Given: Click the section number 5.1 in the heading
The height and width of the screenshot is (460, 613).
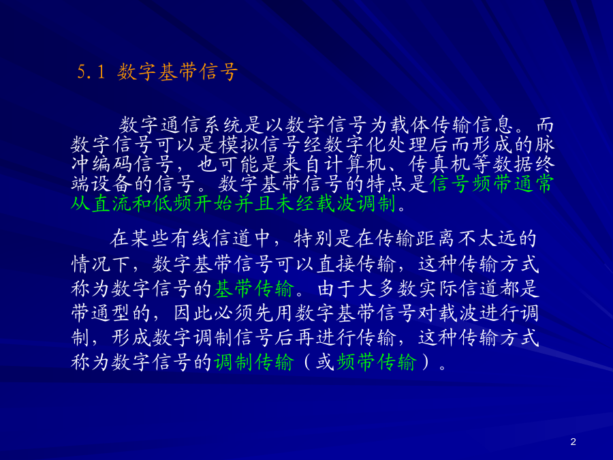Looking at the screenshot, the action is pos(91,72).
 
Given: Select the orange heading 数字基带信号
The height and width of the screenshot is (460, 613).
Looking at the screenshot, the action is pos(178,72).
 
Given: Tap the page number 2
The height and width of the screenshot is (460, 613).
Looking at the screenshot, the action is pos(573,442).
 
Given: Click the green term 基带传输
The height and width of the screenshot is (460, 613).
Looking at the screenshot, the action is pos(254,289).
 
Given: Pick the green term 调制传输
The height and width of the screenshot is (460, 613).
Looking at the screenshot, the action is pos(254,362).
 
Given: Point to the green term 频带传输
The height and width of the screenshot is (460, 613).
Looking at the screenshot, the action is pos(377,362).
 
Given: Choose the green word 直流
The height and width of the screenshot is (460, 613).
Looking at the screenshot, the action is pos(112,203).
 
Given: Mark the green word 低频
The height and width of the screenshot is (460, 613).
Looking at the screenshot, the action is pos(174,203).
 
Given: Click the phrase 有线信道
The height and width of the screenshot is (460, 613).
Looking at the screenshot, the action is pos(212,239).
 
